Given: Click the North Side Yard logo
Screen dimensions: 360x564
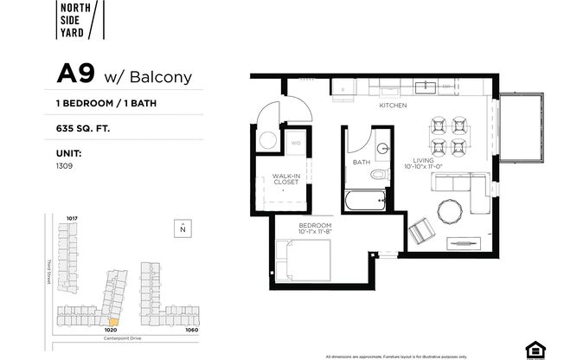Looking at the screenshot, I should [81, 21].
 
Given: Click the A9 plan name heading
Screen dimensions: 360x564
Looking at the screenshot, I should [75, 74].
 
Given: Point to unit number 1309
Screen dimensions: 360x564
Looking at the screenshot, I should [65, 164].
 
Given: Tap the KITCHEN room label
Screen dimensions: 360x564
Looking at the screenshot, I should [393, 106].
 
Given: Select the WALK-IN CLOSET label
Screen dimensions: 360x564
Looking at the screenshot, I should [285, 179].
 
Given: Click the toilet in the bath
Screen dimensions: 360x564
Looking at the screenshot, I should [379, 175].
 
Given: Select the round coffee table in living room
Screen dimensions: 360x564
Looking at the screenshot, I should [450, 210].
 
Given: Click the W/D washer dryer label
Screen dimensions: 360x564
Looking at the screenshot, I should [296, 143].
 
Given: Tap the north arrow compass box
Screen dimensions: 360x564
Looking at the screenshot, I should [183, 228].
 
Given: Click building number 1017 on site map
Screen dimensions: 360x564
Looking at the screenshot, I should [73, 218].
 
